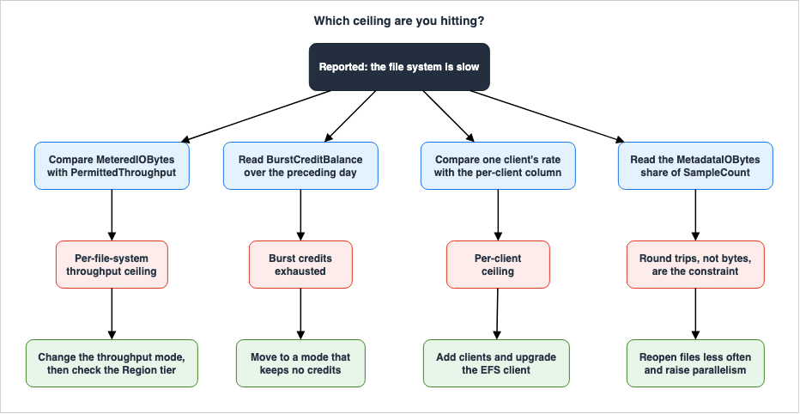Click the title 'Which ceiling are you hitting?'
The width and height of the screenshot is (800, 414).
pos(399,21)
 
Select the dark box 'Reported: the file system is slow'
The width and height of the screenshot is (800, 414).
pos(399,67)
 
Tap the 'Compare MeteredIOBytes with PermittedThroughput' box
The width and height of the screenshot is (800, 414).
pos(112,166)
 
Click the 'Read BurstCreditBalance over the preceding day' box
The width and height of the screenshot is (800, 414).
pos(300,166)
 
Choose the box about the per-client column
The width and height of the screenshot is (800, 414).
pos(498,166)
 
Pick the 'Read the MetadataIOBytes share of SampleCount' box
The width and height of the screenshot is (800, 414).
pos(695,166)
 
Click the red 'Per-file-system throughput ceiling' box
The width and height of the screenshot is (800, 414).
pos(112,265)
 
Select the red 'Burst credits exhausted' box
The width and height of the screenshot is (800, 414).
pos(300,265)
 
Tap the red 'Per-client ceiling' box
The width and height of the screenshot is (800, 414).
pos(498,265)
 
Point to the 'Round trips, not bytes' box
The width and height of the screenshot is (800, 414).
pos(695,265)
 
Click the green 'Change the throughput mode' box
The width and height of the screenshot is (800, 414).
pos(112,363)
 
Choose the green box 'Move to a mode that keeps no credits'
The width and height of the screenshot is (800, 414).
pos(300,363)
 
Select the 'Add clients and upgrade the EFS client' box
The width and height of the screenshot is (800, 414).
pos(496,363)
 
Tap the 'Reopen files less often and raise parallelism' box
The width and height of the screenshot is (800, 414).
pos(695,363)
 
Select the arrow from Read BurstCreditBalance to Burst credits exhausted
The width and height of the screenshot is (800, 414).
pos(300,215)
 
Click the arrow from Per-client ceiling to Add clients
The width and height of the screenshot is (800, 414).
pos(498,314)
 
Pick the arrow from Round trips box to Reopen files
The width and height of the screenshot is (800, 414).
pos(695,314)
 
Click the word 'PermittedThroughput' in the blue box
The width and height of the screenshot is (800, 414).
pos(112,173)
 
